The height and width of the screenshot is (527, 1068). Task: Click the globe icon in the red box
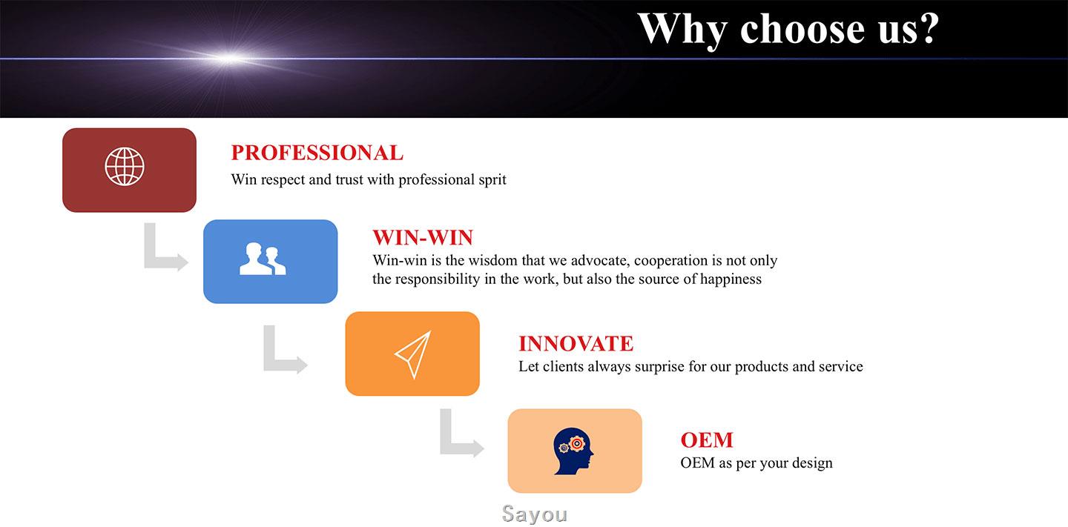tap(125, 166)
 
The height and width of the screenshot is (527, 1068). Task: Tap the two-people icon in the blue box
tap(263, 259)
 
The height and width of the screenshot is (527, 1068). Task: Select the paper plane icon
tap(413, 354)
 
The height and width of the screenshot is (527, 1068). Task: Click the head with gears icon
tap(573, 451)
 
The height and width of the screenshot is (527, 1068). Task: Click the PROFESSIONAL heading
tap(317, 153)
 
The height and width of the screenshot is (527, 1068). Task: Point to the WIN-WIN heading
tap(423, 237)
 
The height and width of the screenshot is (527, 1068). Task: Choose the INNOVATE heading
tap(576, 344)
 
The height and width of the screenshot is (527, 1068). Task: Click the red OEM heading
tap(707, 440)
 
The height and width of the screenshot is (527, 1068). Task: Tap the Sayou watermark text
tap(535, 514)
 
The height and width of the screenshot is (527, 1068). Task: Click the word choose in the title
tap(802, 29)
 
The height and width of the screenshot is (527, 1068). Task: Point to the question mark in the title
tap(930, 29)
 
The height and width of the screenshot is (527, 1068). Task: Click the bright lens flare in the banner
tap(230, 59)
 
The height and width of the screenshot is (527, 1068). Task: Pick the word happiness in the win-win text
tap(731, 279)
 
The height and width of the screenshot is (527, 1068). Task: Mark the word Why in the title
tap(682, 30)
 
